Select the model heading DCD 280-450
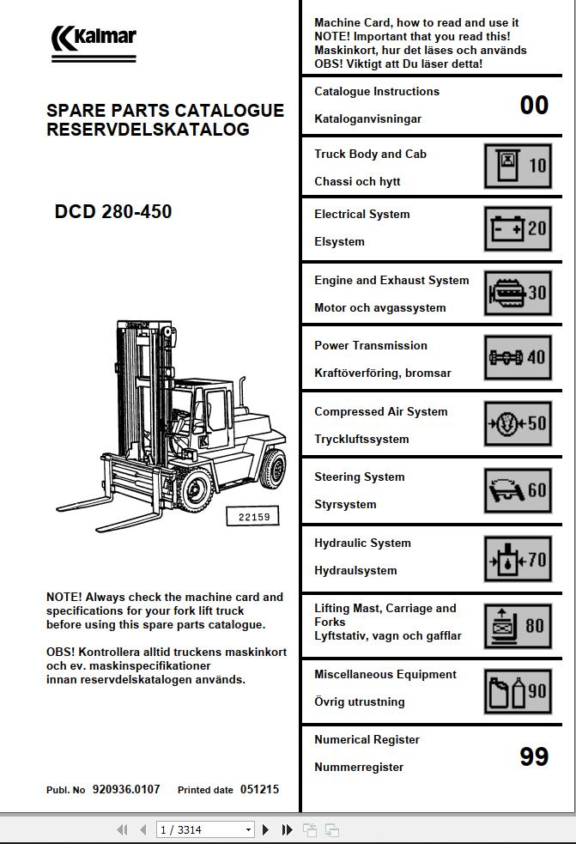click(x=113, y=212)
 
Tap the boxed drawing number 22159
click(x=253, y=517)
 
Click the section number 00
click(x=534, y=105)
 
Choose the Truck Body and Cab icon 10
click(x=518, y=166)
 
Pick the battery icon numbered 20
click(x=518, y=228)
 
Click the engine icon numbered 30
click(x=518, y=294)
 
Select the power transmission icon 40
click(x=518, y=357)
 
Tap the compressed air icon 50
click(x=518, y=423)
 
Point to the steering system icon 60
click(x=518, y=490)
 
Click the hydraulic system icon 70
click(x=518, y=560)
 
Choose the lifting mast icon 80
click(x=518, y=626)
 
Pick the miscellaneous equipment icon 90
click(x=518, y=691)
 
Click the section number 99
click(x=534, y=756)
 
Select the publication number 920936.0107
click(x=126, y=789)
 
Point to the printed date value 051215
click(x=259, y=789)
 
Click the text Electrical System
click(x=361, y=214)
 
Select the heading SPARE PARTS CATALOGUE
click(x=165, y=111)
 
